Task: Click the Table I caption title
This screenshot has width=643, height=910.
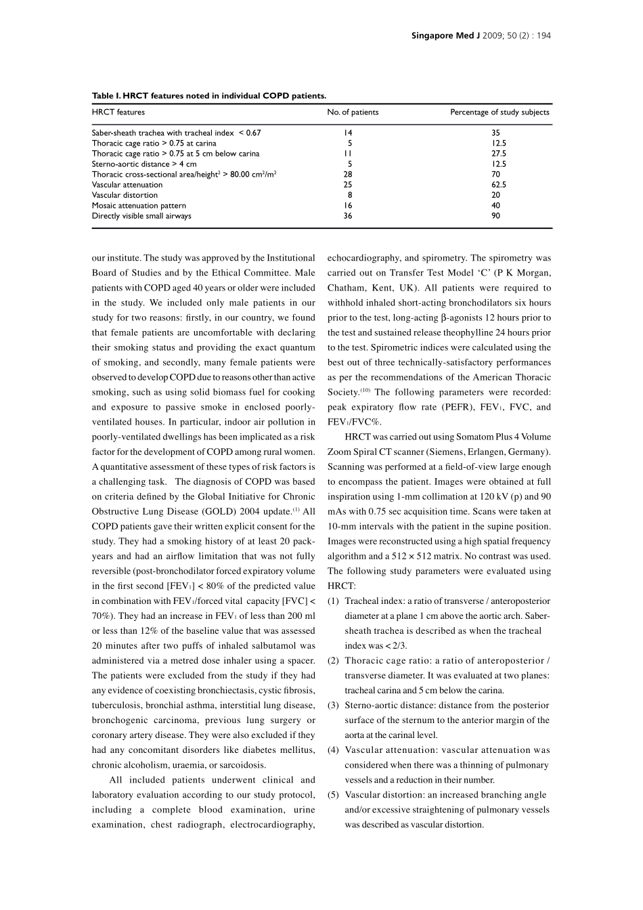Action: pos(208,96)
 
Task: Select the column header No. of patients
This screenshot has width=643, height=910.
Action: pos(353,112)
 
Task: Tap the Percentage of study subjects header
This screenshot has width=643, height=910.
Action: pos(500,112)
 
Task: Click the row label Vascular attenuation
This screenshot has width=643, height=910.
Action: pos(127,185)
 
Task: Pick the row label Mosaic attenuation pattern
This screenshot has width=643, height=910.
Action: pos(139,206)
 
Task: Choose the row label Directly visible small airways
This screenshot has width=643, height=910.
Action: pos(141,216)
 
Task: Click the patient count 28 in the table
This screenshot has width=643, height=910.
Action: pos(348,175)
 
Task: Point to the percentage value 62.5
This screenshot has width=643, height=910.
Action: pos(499,185)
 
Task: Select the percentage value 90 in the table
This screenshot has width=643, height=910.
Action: pos(496,216)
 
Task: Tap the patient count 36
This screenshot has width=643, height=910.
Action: pos(348,216)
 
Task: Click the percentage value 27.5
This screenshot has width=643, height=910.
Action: pos(499,154)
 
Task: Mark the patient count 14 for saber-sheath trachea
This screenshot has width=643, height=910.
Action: pos(348,133)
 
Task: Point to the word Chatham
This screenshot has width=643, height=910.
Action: pos(346,288)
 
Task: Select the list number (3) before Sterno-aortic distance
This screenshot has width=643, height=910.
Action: pos(333,706)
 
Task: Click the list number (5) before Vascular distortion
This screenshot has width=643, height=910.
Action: pos(333,795)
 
